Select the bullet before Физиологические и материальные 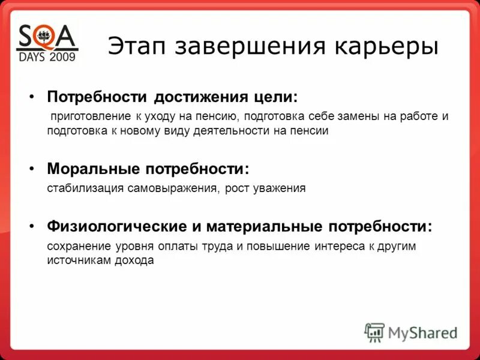32,227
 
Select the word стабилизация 86,188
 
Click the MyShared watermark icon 374,332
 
